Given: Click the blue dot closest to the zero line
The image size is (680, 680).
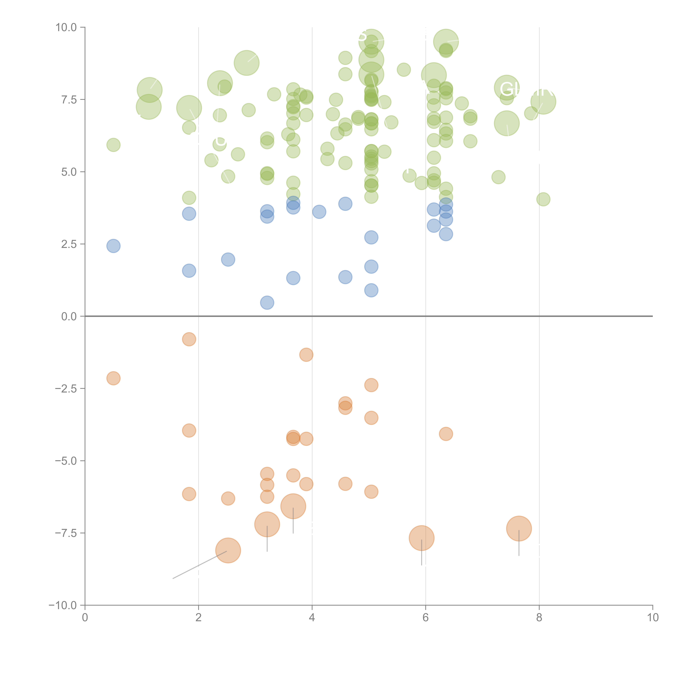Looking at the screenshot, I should [267, 303].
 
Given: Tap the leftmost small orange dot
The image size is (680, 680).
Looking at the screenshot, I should [113, 378].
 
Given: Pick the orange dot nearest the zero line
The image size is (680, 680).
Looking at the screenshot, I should [189, 339].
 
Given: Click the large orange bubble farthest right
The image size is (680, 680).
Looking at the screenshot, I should [519, 529].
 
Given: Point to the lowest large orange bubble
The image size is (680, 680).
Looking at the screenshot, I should [228, 551].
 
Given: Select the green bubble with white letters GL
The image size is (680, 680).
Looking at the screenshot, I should [507, 88].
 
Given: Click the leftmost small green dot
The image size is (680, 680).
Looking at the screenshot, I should [113, 145].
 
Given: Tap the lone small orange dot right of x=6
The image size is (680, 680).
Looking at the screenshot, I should [446, 434].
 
